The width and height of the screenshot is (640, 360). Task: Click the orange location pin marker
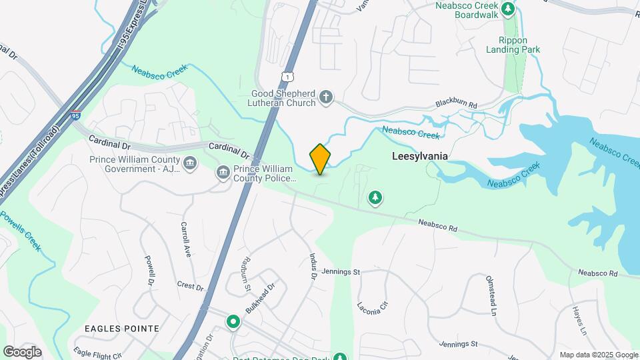tap(320, 159)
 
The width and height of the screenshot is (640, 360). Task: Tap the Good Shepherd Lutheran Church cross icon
tap(326, 98)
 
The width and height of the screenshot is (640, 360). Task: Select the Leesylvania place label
tap(419, 156)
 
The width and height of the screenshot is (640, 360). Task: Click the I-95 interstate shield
tap(77, 115)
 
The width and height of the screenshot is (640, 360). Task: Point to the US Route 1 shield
tap(287, 77)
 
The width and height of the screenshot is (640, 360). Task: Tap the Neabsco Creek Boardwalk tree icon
tap(508, 9)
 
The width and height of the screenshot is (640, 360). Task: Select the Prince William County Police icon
tap(223, 173)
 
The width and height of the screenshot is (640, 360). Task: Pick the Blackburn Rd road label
tap(457, 105)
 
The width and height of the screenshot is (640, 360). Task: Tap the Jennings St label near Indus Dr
tap(340, 272)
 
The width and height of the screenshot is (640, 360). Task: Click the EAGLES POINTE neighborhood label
tap(122, 328)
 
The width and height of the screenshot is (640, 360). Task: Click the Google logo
tap(22, 351)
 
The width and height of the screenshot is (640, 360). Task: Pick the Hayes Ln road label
tap(579, 321)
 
